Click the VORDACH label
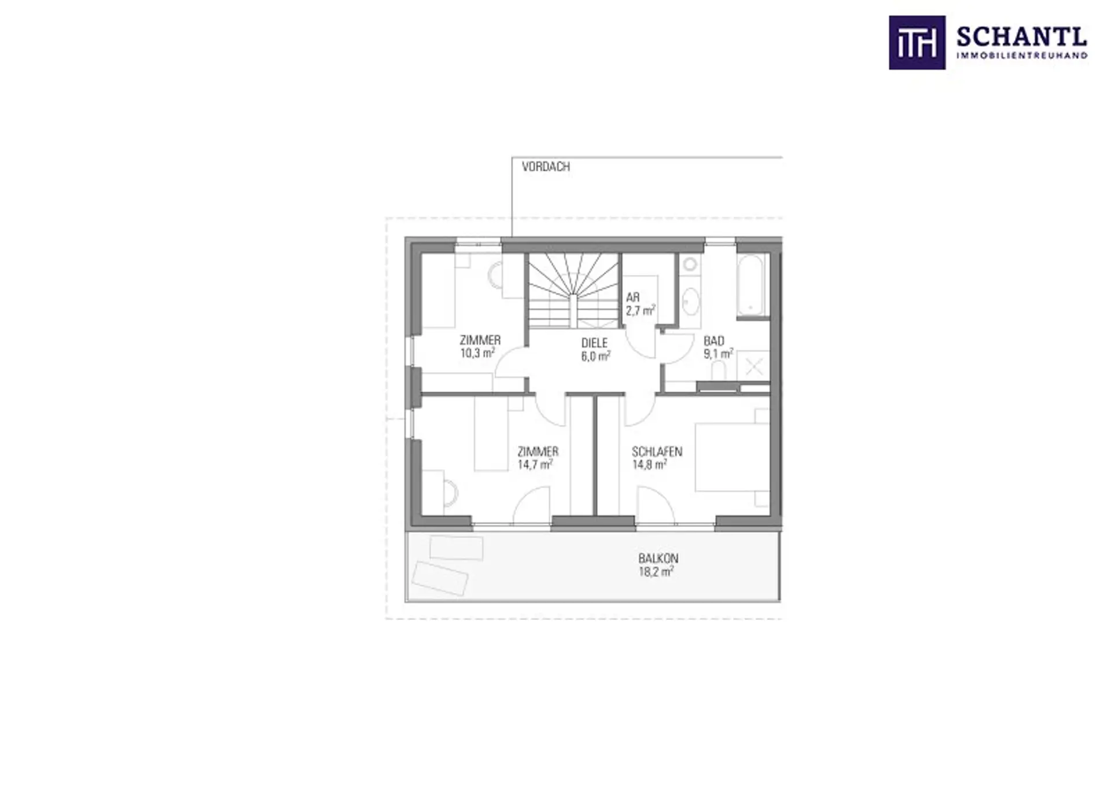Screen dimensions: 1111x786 546,167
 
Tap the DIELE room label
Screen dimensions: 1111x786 594,343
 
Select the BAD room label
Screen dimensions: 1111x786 713,341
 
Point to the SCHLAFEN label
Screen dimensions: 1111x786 657,451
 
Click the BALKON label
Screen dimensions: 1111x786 658,559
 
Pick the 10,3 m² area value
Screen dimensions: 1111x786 478,352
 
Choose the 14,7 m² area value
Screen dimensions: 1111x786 535,464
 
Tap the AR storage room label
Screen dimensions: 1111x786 632,297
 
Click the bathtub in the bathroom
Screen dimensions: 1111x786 752,285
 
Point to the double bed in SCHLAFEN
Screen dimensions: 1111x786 732,457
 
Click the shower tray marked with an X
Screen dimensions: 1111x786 754,366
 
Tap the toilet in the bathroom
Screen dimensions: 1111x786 718,371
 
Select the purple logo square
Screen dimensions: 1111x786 917,43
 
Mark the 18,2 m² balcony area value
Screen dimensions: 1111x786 657,572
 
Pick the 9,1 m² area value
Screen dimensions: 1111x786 718,353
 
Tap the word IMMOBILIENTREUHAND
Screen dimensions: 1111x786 1022,56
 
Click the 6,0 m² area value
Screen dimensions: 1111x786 595,356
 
